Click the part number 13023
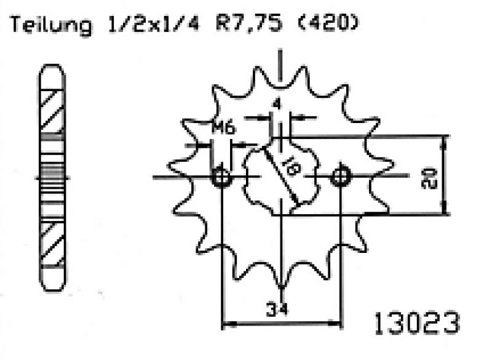(416, 322)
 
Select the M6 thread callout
(223, 129)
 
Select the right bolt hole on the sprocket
(340, 177)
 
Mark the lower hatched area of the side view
(52, 242)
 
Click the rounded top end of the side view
(52, 71)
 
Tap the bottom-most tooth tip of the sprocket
(280, 287)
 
